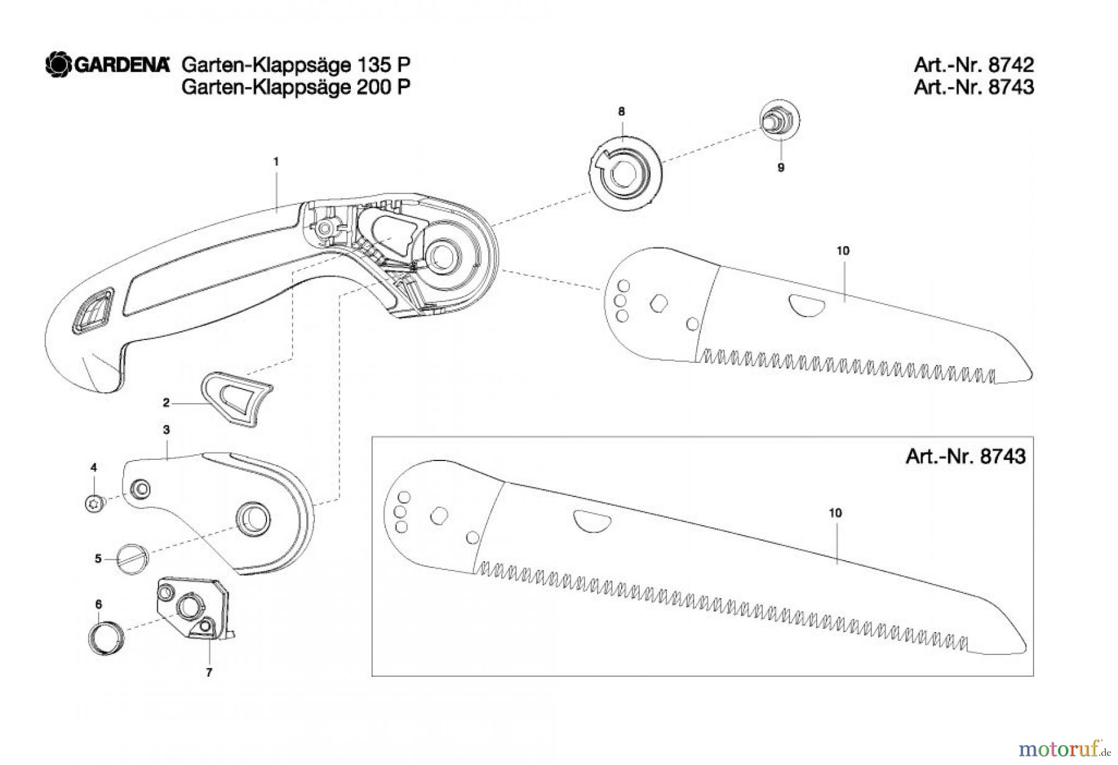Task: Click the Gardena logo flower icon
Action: (x=59, y=65)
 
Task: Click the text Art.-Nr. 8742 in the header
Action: (x=973, y=65)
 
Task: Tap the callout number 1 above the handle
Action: (x=276, y=162)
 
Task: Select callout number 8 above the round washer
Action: (x=621, y=112)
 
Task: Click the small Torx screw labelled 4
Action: (x=94, y=504)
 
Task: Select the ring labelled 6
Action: (x=106, y=636)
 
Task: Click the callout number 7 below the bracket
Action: (x=209, y=672)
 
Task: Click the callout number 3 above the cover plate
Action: (x=166, y=429)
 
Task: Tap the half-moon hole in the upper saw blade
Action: (x=806, y=305)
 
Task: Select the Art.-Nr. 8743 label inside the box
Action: (x=965, y=457)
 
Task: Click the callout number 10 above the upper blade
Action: (x=842, y=251)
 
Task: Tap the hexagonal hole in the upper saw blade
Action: (x=658, y=304)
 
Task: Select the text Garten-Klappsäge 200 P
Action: (x=296, y=87)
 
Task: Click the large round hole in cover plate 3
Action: (x=252, y=516)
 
